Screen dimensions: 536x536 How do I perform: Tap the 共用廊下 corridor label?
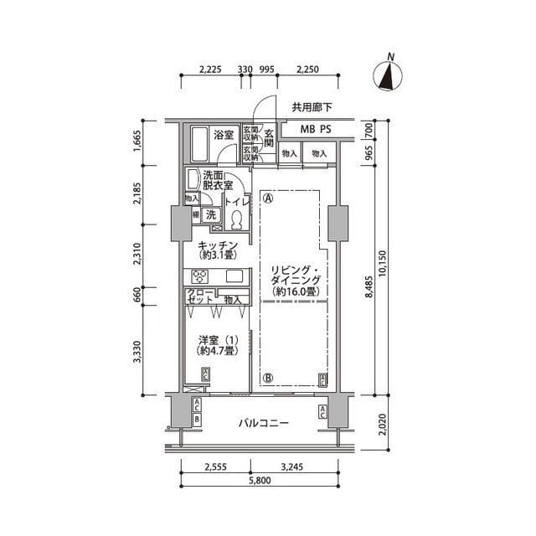(x=312, y=107)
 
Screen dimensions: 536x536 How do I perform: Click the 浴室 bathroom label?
(x=223, y=134)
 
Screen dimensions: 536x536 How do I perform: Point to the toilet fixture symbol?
(x=236, y=219)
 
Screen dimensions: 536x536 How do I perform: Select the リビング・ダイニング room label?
(x=292, y=280)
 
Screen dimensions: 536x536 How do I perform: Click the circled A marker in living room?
(x=267, y=199)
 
